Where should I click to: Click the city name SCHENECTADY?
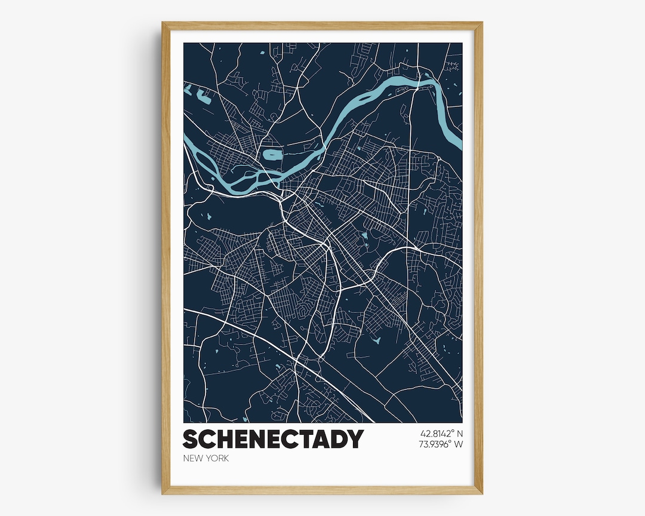click(x=273, y=439)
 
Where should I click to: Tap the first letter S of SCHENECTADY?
click(x=190, y=439)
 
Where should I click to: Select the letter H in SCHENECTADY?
click(x=222, y=439)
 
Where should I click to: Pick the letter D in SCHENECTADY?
click(x=339, y=439)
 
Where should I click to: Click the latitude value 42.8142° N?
click(x=441, y=433)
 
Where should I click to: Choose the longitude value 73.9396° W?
click(x=441, y=444)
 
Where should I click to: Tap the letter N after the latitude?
click(x=460, y=433)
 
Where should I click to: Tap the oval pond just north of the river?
click(x=272, y=155)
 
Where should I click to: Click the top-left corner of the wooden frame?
click(x=163, y=23)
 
